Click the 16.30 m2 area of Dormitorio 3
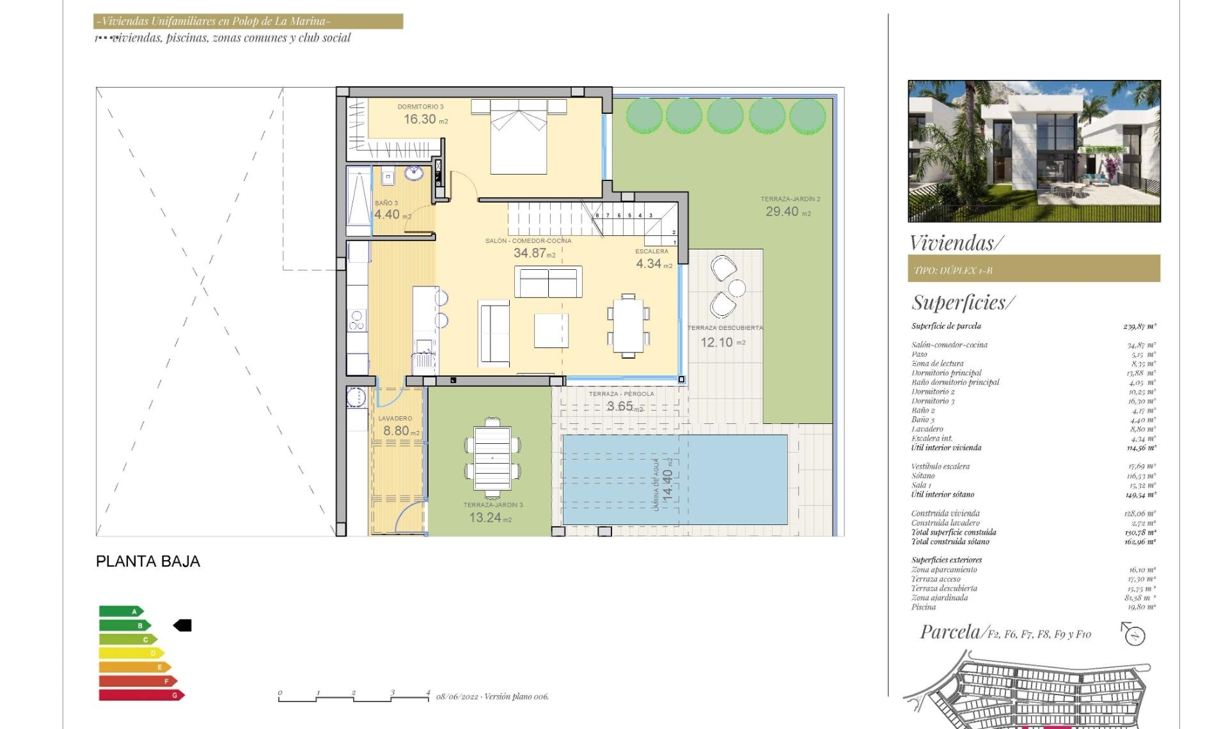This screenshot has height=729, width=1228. coord(425,120)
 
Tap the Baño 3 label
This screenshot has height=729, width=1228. coord(386,203)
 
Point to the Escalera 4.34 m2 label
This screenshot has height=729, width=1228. coord(653,259)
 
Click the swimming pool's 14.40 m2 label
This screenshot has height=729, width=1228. coord(667,485)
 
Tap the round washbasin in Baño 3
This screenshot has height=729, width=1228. coord(414,173)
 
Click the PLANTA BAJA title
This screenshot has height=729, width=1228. coord(148,561)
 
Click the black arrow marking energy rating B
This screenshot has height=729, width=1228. coord(183,625)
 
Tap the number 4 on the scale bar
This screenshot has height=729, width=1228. coord(428,693)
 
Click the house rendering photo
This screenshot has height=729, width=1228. coord(1034,151)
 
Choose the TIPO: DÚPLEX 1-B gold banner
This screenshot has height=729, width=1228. coord(1034,269)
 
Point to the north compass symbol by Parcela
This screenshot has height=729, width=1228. coord(1135,635)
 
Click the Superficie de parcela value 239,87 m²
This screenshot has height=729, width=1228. coord(1139,326)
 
